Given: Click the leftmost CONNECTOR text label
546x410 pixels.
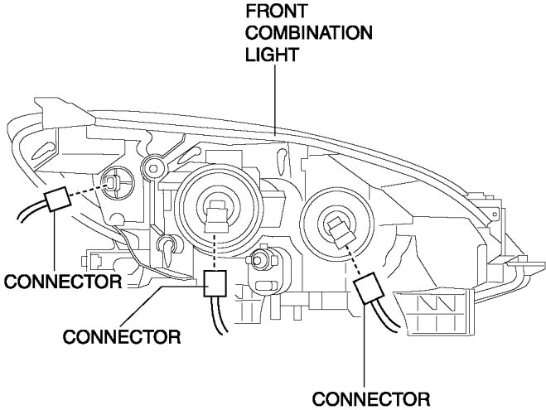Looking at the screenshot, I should click(62, 282).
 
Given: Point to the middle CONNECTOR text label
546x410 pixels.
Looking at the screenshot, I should click(121, 336).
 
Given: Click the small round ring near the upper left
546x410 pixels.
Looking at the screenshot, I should click(152, 169).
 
